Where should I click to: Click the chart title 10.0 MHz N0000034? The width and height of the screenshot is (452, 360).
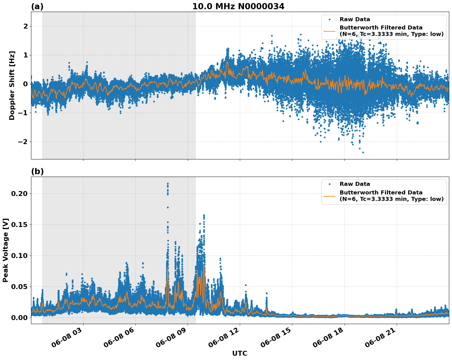238,6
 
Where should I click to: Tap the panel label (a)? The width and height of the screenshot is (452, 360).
37,6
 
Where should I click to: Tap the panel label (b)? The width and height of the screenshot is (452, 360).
37,172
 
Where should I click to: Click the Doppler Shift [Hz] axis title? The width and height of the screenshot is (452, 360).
12,85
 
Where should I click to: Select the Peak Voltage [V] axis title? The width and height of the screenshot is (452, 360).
6,250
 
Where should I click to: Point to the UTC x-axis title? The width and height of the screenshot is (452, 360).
240,353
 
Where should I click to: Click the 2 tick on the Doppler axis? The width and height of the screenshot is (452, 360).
25,26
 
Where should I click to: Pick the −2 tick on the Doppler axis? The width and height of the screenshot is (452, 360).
22,142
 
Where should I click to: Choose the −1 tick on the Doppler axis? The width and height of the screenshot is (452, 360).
22,113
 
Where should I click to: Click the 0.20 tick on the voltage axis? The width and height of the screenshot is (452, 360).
19,194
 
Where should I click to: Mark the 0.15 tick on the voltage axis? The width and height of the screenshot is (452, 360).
19,225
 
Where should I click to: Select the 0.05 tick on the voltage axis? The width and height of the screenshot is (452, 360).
19,287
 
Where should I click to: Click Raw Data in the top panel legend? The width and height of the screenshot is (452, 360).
355,19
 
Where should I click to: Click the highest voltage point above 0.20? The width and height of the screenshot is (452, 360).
168,183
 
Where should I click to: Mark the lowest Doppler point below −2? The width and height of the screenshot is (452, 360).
363,152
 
